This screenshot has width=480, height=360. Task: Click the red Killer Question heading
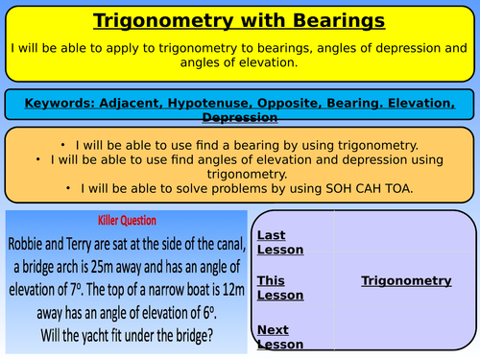pyautogui.click(x=126, y=219)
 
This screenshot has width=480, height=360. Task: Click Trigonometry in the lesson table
pyautogui.click(x=406, y=280)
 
